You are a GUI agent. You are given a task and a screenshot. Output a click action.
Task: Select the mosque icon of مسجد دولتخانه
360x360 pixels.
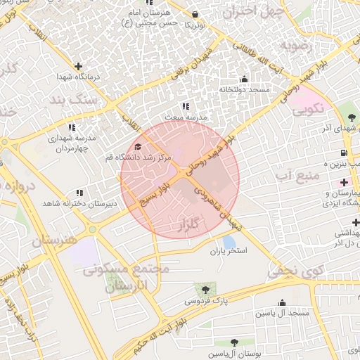tap(244, 79)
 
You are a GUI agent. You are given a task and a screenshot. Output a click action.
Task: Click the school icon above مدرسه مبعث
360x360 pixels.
tap(186, 105)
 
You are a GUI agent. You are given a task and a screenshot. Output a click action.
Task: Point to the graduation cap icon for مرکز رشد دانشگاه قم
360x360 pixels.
tap(138, 146)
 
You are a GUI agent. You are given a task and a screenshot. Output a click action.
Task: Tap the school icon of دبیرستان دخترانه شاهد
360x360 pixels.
tap(79, 192)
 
